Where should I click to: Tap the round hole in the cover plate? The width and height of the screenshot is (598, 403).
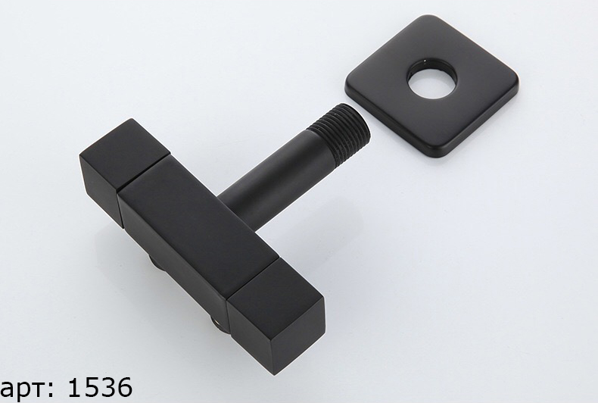(x=431, y=81)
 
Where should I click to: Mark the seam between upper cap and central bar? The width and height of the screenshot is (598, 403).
(x=144, y=173)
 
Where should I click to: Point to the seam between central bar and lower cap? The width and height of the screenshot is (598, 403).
(x=253, y=279)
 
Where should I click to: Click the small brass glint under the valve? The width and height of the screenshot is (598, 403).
(x=216, y=323)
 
